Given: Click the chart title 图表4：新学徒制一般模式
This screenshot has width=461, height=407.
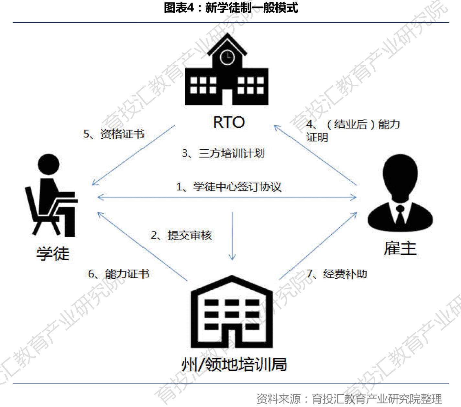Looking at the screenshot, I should (230, 8).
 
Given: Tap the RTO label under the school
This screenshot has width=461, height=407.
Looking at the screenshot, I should (229, 122).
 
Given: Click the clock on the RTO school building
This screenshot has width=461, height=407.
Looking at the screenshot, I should (227, 57).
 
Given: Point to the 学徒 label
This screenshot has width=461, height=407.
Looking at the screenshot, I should (53, 253).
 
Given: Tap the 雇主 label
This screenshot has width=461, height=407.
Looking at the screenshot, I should (400, 248).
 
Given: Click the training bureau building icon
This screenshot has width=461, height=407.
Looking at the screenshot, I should (232, 312).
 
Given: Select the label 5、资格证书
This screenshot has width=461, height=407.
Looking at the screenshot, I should (114, 134).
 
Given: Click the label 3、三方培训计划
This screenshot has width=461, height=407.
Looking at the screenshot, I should (223, 153).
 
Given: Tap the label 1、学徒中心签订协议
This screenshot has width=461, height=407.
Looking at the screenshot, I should (228, 187).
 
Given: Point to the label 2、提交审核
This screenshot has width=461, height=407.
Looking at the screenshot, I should (181, 235).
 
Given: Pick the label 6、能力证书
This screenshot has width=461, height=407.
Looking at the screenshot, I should (119, 274).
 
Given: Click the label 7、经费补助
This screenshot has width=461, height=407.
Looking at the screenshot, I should (336, 274).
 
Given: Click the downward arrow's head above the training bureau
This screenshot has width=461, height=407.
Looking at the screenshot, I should (232, 257).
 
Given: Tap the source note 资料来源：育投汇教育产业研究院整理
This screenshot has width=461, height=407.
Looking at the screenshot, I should (349, 399).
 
